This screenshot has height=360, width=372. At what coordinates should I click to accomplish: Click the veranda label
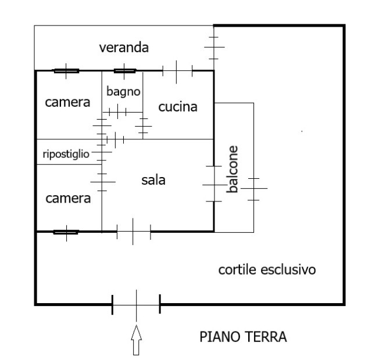click(124, 48)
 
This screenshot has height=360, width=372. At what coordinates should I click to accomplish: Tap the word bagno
click(123, 92)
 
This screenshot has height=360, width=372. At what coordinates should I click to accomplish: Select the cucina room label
click(178, 107)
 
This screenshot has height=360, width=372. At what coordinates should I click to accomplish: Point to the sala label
click(153, 180)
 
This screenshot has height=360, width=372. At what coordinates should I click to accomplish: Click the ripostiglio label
click(66, 154)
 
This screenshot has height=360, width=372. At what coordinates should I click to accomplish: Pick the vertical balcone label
click(233, 169)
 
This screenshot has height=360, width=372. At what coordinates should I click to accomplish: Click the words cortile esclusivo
click(267, 269)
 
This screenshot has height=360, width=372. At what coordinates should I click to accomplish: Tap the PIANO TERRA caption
click(243, 337)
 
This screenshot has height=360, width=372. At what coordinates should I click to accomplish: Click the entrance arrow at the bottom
click(137, 340)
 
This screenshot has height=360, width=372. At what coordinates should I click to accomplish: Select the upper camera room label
click(67, 102)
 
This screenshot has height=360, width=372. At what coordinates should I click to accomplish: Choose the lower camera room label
click(68, 199)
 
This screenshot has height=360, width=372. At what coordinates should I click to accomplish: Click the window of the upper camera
click(66, 71)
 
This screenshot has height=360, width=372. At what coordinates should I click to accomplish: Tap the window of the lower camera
click(66, 232)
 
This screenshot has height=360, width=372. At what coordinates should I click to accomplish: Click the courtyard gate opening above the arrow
click(136, 304)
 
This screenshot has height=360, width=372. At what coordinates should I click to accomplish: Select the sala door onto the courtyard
click(134, 232)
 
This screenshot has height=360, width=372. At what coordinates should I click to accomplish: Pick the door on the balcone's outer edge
click(253, 189)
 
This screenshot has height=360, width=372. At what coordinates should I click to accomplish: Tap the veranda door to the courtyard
click(214, 48)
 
